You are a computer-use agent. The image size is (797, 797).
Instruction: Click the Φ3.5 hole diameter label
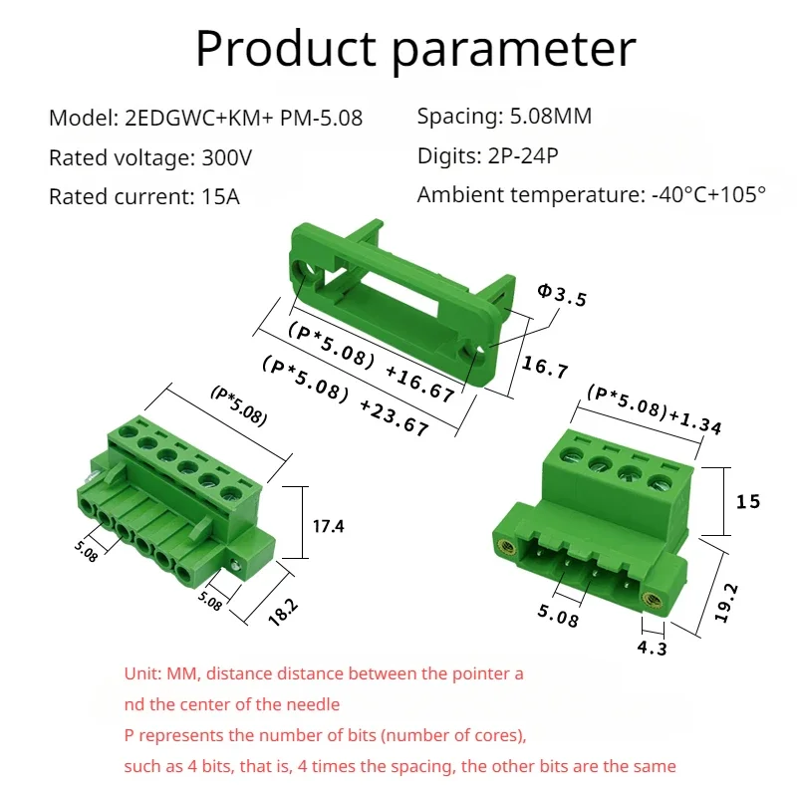click(x=562, y=295)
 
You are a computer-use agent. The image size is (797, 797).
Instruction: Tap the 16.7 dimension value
click(x=545, y=367)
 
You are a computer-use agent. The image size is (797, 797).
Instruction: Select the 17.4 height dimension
click(x=329, y=526)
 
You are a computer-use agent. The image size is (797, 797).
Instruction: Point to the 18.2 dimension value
click(x=283, y=612)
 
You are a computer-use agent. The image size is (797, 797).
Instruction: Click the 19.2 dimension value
click(x=726, y=603)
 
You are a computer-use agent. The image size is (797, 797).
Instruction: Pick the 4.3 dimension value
click(x=653, y=649)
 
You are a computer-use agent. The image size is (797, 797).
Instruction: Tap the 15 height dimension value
click(x=748, y=502)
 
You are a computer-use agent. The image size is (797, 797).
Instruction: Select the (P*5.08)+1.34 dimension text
click(x=655, y=410)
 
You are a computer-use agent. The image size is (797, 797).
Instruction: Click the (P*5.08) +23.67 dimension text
click(x=346, y=397)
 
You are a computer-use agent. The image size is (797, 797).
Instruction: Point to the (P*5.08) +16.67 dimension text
click(x=371, y=362)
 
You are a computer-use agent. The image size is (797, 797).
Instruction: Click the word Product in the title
click(x=286, y=49)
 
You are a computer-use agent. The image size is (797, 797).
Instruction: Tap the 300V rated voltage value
click(x=227, y=157)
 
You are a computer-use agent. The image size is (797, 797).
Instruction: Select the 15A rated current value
click(x=220, y=196)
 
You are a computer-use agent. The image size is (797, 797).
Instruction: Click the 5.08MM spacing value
click(x=551, y=116)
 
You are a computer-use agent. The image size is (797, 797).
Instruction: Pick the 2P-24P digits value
click(x=523, y=155)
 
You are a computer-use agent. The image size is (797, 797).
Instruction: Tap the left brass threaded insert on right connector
click(x=507, y=546)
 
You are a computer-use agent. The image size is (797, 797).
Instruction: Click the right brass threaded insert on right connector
click(x=653, y=601)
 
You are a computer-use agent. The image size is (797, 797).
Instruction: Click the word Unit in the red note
click(x=142, y=673)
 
